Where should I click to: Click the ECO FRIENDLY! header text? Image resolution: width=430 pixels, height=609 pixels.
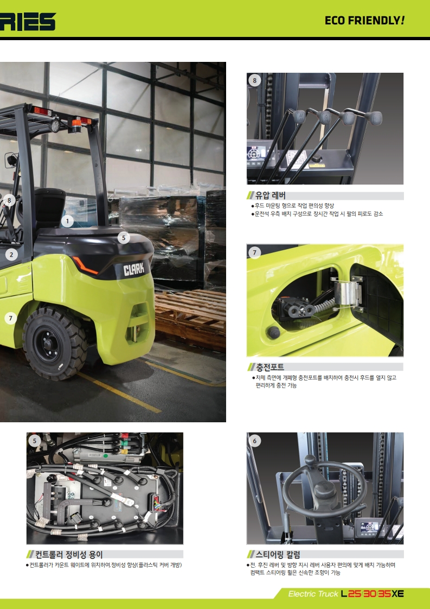[x=364, y=21]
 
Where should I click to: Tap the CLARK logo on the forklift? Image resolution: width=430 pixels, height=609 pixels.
[x=133, y=269]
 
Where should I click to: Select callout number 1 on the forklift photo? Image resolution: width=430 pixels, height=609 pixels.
[x=67, y=221]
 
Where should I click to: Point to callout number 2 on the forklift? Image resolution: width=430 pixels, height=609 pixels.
[x=11, y=255]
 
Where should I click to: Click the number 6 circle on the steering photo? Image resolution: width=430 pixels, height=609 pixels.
[x=255, y=440]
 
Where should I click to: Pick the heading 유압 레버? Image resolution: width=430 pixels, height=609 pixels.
[x=271, y=195]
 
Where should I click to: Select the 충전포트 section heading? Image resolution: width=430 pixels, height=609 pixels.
[x=270, y=367]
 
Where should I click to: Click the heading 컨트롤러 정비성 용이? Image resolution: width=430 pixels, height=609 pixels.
[x=69, y=554]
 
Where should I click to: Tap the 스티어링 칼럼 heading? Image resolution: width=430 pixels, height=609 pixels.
[x=278, y=554]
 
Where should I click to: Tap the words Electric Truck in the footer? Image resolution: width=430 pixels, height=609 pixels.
[x=313, y=594]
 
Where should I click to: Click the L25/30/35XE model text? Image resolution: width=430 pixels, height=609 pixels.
[x=373, y=594]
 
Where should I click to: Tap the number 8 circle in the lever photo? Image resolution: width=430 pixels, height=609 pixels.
[x=255, y=80]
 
